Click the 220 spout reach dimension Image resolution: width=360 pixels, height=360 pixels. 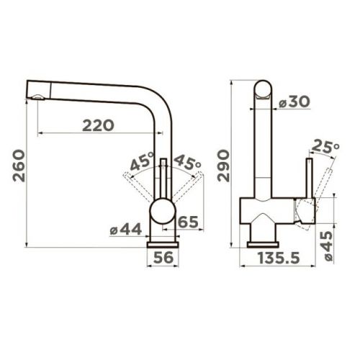98,125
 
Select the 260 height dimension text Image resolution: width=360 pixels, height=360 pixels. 19,166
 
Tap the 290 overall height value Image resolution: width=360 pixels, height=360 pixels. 223,166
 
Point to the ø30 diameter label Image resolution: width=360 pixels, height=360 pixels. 294,102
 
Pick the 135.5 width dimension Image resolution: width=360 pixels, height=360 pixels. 279,258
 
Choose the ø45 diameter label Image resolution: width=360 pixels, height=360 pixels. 328,246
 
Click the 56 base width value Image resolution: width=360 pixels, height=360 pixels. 163,257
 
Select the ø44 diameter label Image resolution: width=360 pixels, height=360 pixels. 126,230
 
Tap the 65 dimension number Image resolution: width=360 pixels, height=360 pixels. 189,222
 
